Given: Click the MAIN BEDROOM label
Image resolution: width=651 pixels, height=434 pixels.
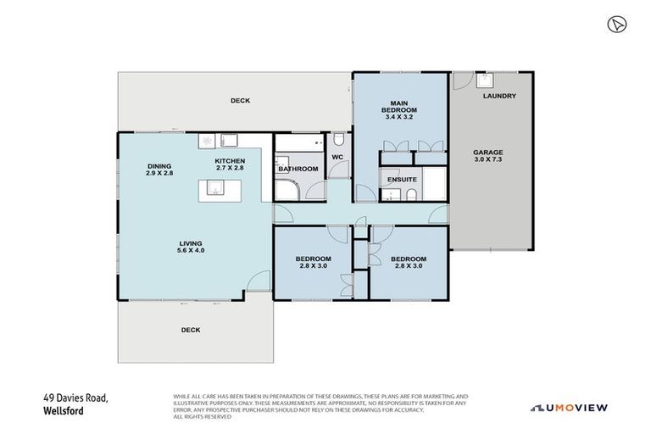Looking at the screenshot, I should pyautogui.click(x=398, y=110).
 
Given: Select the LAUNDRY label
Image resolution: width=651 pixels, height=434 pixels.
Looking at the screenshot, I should pyautogui.click(x=499, y=96).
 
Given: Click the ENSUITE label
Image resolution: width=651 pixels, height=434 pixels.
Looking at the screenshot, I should pyautogui.click(x=400, y=180).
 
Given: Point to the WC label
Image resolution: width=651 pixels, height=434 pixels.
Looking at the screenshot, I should pyautogui.click(x=337, y=157).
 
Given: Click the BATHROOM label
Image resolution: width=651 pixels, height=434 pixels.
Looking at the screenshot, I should pyautogui.click(x=298, y=169).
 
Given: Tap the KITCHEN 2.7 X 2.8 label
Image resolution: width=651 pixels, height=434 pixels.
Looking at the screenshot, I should pyautogui.click(x=230, y=164).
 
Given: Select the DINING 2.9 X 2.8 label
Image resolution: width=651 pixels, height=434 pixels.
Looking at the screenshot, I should pyautogui.click(x=159, y=169).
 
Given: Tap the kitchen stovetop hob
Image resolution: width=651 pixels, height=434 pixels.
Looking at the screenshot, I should pyautogui.click(x=207, y=141).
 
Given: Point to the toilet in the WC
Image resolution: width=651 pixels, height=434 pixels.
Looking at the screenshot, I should pyautogui.click(x=338, y=139).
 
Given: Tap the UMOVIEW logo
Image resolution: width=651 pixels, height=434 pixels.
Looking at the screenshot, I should pyautogui.click(x=569, y=408).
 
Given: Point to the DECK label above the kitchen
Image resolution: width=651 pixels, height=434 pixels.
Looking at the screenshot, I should pyautogui.click(x=240, y=101).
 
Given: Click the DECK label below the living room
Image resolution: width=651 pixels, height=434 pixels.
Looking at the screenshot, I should pyautogui.click(x=191, y=330).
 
